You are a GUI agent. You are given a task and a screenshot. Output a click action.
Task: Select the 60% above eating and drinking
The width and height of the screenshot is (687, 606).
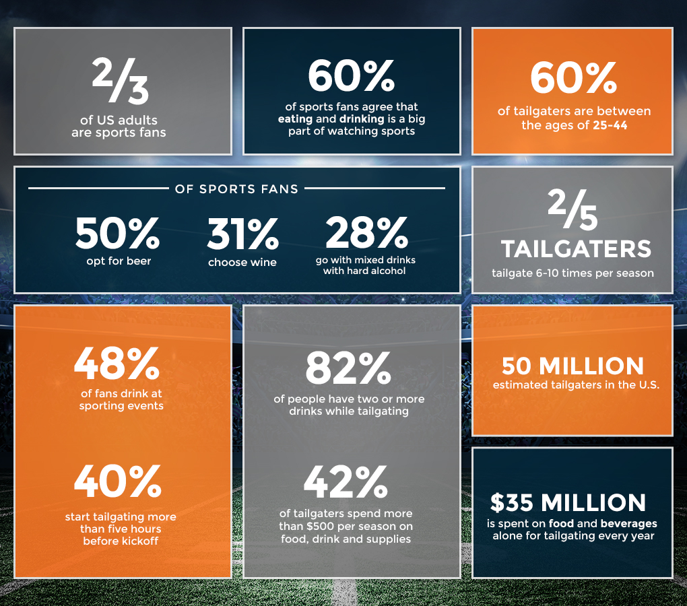click(351, 77)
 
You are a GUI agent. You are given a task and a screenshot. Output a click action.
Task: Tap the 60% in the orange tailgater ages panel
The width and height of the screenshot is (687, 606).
click(573, 79)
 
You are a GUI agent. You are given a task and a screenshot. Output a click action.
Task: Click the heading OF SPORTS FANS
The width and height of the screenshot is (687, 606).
click(236, 189)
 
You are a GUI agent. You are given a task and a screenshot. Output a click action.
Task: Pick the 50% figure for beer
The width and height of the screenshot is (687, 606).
click(118, 233)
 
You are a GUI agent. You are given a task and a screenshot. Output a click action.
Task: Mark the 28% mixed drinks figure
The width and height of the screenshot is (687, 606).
click(366, 233)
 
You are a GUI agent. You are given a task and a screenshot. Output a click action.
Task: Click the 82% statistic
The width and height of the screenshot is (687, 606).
click(348, 368)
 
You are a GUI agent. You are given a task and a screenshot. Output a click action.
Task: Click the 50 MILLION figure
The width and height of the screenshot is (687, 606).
click(572, 366)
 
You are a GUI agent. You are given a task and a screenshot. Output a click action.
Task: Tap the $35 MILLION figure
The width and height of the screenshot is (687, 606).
click(568, 502)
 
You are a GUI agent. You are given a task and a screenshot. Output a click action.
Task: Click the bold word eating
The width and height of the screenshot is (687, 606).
click(296, 119)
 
